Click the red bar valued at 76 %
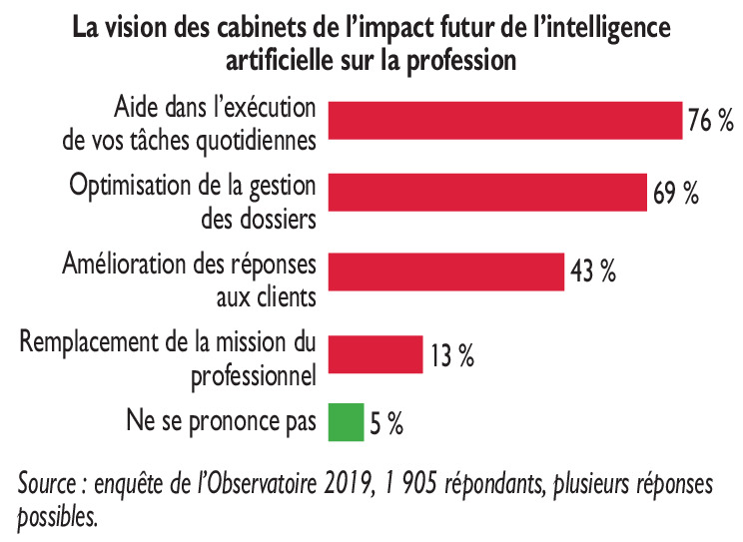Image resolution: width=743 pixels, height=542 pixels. pos(504,120)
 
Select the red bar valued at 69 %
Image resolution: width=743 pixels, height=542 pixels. pos(487,192)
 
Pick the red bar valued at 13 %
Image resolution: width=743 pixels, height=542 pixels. pos(374,351)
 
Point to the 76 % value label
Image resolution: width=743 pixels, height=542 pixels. pos(711,121)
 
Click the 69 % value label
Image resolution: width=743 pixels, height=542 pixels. pos(675,193)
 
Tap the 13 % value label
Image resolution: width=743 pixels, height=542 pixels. pos(451,353)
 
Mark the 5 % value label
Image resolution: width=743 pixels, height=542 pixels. pos(385,424)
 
